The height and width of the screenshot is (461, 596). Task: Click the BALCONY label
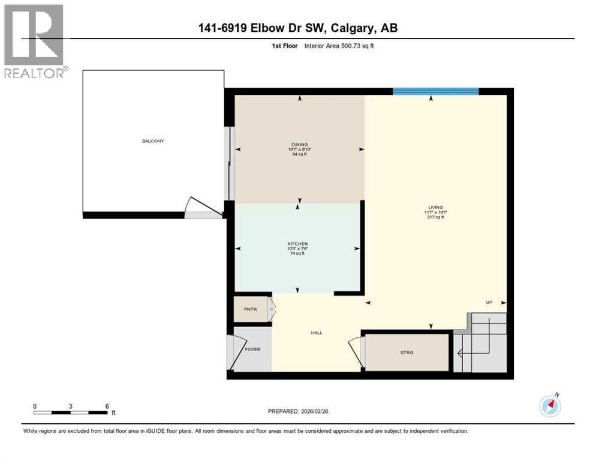[153, 141]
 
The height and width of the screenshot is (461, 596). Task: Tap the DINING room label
[299, 144]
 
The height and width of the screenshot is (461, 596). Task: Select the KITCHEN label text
[297, 244]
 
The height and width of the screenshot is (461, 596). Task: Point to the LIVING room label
[435, 207]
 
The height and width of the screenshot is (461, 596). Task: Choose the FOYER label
[252, 349]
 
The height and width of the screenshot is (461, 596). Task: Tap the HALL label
[317, 333]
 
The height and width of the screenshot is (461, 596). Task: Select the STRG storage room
[407, 351]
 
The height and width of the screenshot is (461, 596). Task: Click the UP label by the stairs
[489, 302]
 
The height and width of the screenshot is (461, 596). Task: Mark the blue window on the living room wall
[435, 91]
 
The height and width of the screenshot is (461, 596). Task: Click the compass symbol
[550, 406]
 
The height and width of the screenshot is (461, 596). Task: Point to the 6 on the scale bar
[107, 406]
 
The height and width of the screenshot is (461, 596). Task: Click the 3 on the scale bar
[71, 406]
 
